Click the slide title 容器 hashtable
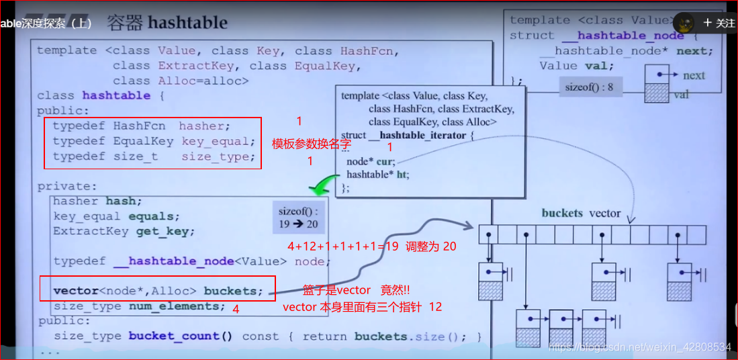167,23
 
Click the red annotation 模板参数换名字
311,144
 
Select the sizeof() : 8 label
589,87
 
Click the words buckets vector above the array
581,213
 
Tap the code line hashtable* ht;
377,175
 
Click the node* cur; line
371,162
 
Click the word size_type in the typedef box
218,156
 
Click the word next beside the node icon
694,75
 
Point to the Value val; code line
576,66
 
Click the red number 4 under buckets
236,308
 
